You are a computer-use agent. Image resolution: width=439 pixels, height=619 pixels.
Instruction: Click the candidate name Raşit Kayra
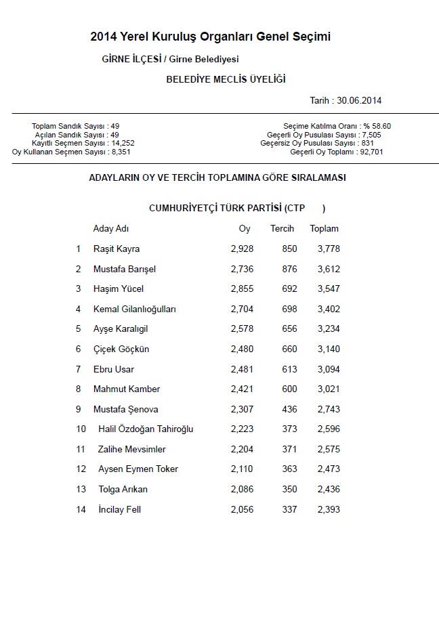coord(117,249)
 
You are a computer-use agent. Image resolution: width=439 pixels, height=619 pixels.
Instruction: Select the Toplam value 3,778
coord(329,249)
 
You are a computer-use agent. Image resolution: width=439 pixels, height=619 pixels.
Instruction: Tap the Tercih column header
coord(282,228)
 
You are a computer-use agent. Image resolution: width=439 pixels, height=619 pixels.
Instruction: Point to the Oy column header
coord(245,228)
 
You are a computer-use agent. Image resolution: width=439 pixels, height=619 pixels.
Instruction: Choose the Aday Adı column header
coord(110,228)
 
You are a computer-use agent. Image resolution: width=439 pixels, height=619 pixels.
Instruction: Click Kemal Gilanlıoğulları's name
coord(135,309)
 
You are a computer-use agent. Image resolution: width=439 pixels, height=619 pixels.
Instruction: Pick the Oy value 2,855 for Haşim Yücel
coord(242,289)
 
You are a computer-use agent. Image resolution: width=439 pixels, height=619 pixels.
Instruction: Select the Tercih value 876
coord(289,269)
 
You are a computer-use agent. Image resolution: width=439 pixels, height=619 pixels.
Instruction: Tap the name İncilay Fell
coord(119,509)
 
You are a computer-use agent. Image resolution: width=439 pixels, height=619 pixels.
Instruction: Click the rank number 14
coord(81,509)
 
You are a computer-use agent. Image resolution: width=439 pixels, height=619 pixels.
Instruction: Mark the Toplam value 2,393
coord(329,509)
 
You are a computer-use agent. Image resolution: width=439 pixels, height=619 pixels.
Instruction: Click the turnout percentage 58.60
coord(381,126)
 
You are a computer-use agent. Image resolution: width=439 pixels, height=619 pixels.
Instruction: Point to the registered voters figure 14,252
coord(123,144)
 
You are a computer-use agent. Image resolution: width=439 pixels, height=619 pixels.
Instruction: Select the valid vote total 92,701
coord(377,152)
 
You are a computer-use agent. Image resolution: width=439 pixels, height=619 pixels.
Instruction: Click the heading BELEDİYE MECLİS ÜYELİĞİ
coord(226,79)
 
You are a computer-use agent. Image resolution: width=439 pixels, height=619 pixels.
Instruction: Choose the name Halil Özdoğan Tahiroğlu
coord(146,429)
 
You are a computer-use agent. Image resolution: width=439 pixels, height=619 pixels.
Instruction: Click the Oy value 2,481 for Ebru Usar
coord(242,369)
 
